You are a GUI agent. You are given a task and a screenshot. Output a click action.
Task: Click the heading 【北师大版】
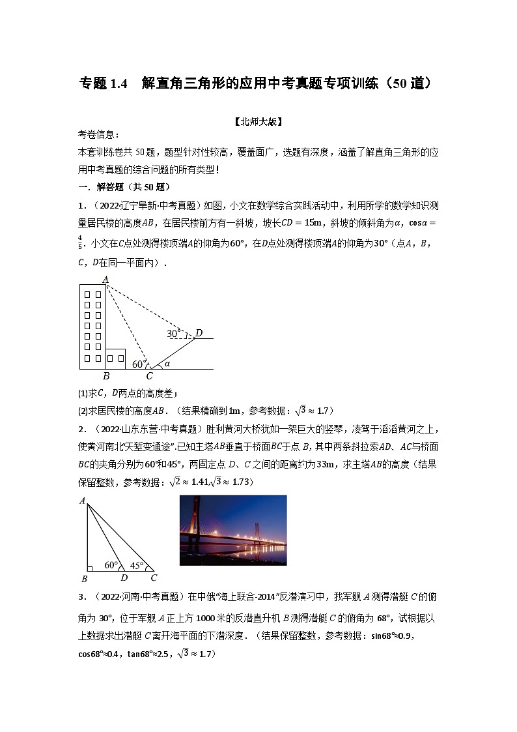pyautogui.click(x=258, y=121)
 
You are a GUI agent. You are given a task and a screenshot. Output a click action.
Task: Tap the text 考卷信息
pyautogui.click(x=98, y=135)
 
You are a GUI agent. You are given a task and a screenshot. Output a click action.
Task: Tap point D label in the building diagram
pyautogui.click(x=199, y=334)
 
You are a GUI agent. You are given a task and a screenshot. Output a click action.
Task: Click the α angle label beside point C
pyautogui.click(x=167, y=364)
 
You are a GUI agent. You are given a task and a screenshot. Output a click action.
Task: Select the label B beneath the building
pyautogui.click(x=106, y=376)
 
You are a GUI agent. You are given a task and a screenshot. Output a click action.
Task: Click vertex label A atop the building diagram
pyautogui.click(x=105, y=279)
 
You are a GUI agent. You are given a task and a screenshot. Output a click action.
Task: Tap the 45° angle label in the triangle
pyautogui.click(x=137, y=566)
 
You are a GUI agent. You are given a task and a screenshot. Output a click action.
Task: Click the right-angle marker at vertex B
pyautogui.click(x=91, y=567)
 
